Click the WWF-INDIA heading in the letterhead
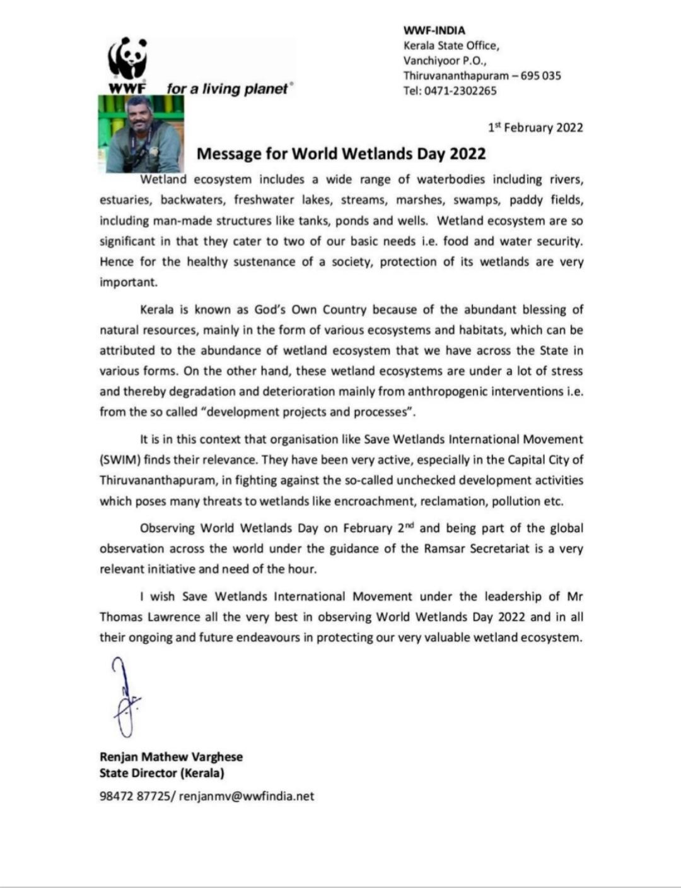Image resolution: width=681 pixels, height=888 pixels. pyautogui.click(x=434, y=30)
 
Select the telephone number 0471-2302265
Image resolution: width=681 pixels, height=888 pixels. pyautogui.click(x=460, y=91)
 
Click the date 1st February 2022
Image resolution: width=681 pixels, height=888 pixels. pyautogui.click(x=535, y=127)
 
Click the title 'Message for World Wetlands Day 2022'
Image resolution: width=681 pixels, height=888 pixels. pyautogui.click(x=341, y=154)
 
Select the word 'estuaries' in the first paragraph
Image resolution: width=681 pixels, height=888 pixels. pyautogui.click(x=125, y=201)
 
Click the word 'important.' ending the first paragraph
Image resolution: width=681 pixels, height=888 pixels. pyautogui.click(x=128, y=282)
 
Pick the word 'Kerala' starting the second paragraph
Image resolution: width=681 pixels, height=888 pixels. pyautogui.click(x=156, y=310)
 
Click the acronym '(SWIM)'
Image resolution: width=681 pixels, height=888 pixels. pyautogui.click(x=119, y=459)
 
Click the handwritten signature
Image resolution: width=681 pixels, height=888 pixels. pyautogui.click(x=125, y=698)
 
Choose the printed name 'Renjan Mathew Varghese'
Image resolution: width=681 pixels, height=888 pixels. pyautogui.click(x=171, y=757)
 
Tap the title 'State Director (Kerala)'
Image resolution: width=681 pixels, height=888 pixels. pyautogui.click(x=162, y=773)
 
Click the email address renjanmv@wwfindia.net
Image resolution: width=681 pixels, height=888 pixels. pyautogui.click(x=246, y=796)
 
